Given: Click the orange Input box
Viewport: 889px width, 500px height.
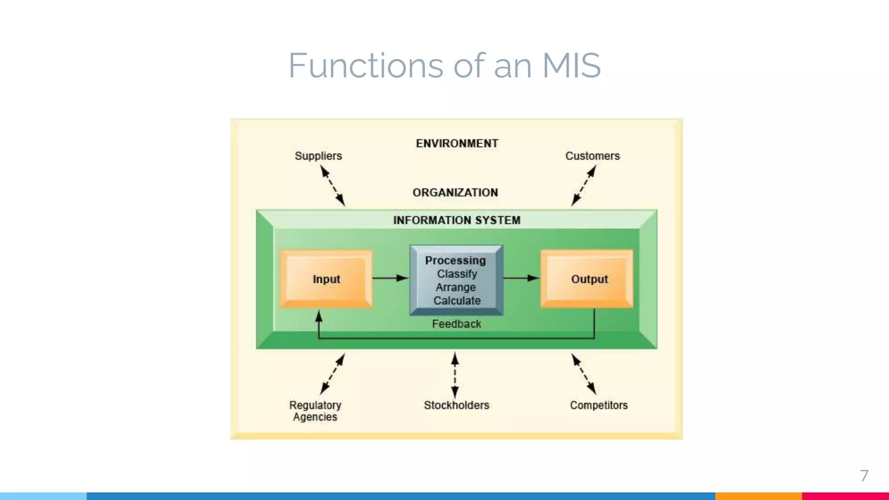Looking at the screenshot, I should [326, 279].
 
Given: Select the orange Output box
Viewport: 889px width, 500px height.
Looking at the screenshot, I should [587, 279].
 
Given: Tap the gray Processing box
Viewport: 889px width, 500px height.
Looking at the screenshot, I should [457, 280].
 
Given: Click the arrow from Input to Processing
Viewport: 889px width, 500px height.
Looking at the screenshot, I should [390, 278].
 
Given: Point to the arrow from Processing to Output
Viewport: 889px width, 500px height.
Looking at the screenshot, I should [521, 278].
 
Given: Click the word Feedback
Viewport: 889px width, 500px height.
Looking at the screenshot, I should [456, 324].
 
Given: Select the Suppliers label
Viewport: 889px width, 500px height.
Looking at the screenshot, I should [318, 156].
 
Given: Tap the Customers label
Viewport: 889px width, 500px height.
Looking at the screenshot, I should [592, 156].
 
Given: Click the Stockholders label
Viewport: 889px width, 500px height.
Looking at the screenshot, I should [456, 405].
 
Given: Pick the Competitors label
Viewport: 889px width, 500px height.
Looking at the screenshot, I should [599, 405].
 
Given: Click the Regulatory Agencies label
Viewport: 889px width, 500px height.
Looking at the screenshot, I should [315, 411].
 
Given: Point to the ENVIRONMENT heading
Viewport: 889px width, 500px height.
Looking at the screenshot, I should [457, 143].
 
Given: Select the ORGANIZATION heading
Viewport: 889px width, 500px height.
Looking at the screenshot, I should [455, 192].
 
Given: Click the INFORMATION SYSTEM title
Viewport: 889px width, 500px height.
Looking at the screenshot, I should [457, 220].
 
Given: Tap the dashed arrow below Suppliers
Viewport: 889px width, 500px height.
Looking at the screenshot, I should [333, 187].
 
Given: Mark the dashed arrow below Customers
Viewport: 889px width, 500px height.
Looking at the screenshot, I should [583, 187].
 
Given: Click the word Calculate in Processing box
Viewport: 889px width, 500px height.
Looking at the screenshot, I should [457, 301].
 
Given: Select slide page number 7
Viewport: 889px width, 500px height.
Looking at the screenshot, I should [864, 476].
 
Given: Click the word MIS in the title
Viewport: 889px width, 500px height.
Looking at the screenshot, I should [571, 66].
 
